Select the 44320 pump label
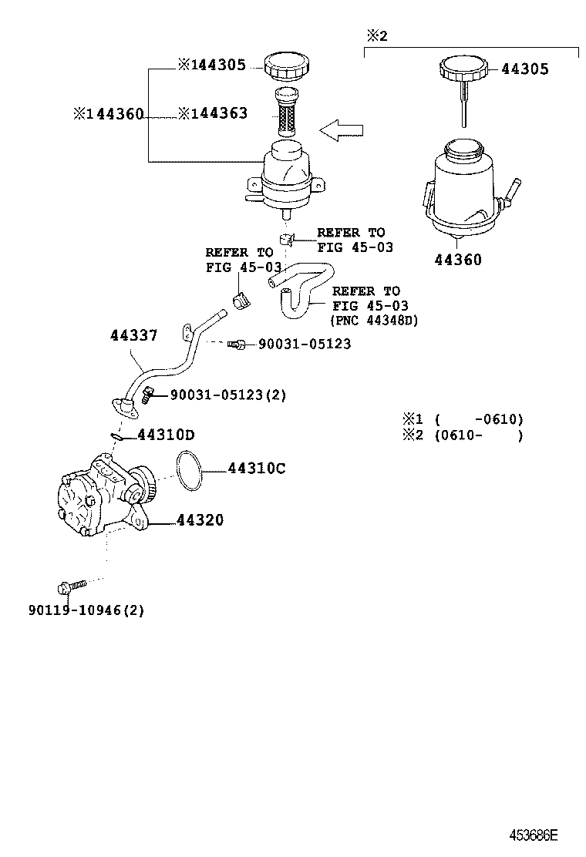(x=200, y=521)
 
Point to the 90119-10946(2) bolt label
(x=86, y=610)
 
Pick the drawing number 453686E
(x=532, y=835)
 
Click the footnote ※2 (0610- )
(x=462, y=435)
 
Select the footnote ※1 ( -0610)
(x=462, y=419)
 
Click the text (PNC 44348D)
(x=373, y=320)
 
